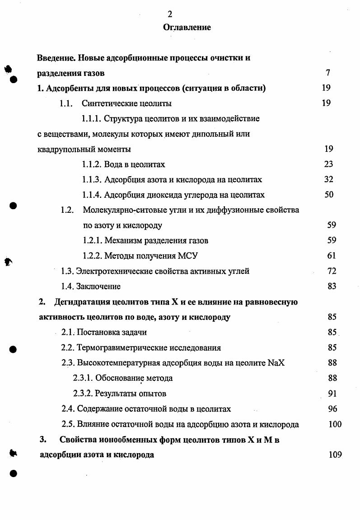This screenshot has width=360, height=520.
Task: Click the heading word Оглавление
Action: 187,28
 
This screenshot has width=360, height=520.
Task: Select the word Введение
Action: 56,58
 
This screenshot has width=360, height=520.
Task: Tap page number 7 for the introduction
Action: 328,73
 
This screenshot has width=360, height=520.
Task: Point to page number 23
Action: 328,164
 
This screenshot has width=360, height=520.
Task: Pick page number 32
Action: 328,179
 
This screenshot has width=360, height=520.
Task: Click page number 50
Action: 329,195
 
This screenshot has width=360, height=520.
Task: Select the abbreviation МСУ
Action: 188,256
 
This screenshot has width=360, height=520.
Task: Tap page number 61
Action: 331,256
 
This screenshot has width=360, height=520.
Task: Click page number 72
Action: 332,271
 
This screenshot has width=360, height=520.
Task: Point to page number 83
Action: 332,286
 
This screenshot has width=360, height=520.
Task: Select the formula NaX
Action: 276,363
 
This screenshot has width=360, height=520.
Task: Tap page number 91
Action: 332,394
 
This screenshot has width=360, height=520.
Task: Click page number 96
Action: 332,409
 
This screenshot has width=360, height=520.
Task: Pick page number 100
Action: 335,424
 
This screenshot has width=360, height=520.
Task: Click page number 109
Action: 335,455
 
